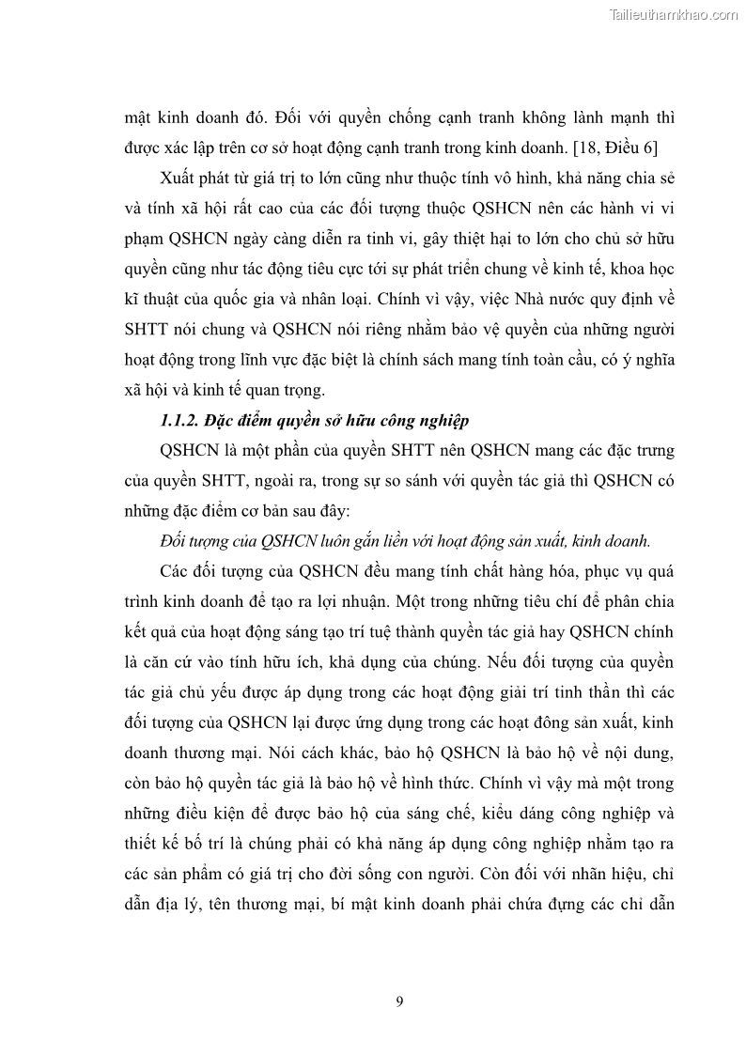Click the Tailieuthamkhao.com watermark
674,14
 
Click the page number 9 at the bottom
400,1001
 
